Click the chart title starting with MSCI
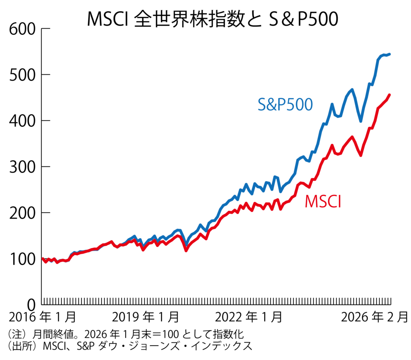tap(212, 19)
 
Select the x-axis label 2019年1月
tap(146, 317)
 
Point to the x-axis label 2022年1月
tap(249, 317)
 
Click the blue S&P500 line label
tap(285, 104)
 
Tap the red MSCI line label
tap(323, 201)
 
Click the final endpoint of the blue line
tap(390, 54)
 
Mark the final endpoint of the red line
tap(390, 95)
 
